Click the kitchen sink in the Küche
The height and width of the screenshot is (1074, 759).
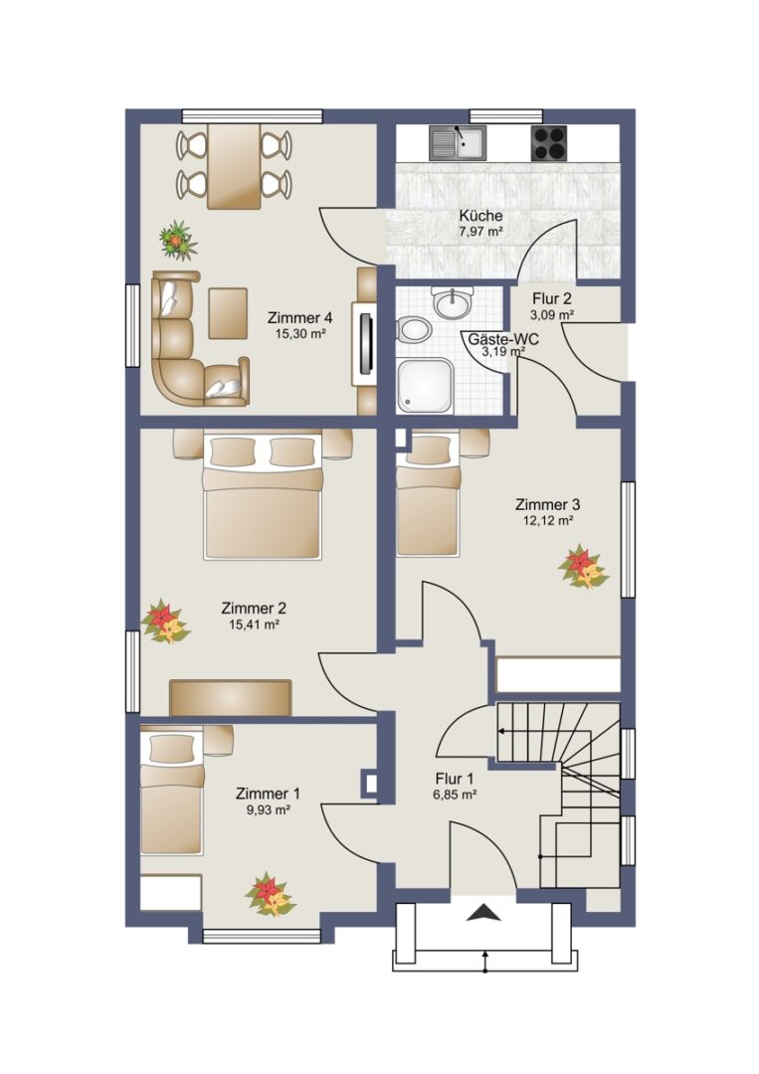[458, 142]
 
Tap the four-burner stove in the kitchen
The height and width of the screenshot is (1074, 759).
[549, 143]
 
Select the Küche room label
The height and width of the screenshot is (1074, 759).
[480, 216]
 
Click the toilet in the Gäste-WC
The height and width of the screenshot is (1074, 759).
[413, 330]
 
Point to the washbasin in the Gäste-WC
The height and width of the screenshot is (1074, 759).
[453, 302]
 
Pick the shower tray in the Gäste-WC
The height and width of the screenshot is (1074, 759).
[425, 386]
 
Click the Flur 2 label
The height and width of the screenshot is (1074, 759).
[552, 298]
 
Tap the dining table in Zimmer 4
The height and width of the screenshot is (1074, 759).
[234, 166]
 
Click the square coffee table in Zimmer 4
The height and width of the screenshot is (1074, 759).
[228, 313]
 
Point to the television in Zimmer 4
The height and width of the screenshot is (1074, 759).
[366, 343]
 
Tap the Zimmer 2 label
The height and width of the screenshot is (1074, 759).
[254, 609]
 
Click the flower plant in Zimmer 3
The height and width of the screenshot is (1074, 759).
[583, 567]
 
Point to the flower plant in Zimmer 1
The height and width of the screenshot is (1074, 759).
[270, 894]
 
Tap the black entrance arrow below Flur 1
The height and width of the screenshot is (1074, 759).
[484, 912]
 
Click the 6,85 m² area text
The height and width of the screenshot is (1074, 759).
[455, 796]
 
